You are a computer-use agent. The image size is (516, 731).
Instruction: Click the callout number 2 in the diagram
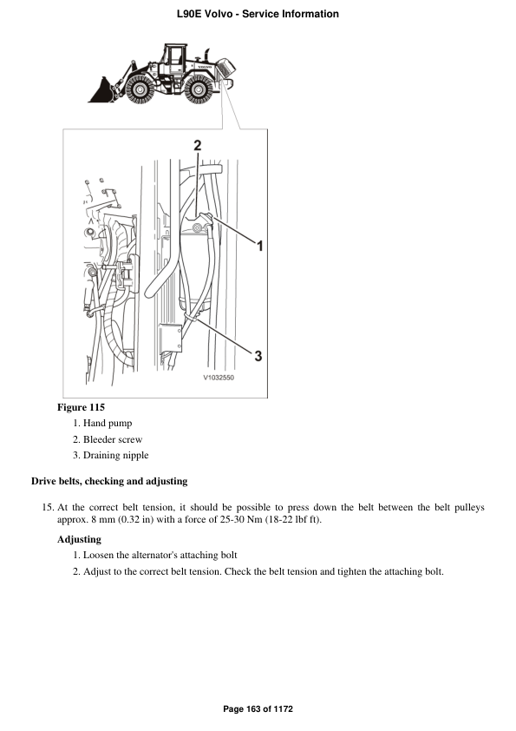[x=197, y=145]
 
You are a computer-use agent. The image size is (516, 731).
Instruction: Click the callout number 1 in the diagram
[x=259, y=247]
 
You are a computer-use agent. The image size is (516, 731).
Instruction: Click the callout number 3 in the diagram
[x=258, y=354]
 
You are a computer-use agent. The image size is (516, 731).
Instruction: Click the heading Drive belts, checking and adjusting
[x=109, y=481]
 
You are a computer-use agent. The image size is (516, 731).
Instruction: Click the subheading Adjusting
[x=79, y=539]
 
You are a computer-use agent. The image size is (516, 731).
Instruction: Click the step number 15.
[x=48, y=507]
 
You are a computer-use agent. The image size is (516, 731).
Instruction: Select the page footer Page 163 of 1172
[x=258, y=709]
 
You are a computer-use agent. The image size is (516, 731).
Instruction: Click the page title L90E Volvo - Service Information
[x=258, y=14]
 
